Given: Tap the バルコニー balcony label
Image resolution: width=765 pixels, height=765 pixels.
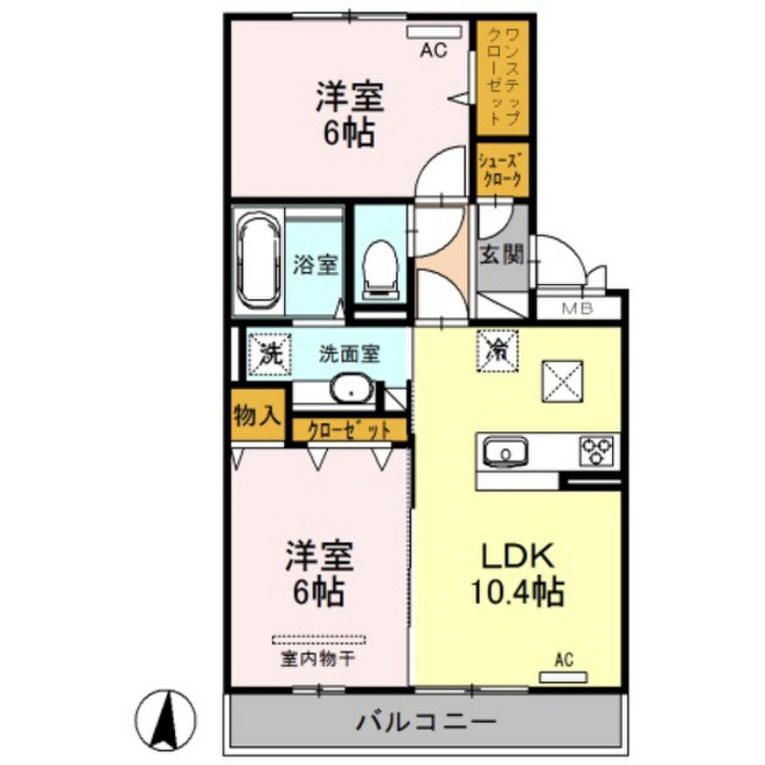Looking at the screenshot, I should tap(426, 722).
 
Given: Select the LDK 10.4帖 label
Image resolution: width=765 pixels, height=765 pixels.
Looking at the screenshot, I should tap(515, 574).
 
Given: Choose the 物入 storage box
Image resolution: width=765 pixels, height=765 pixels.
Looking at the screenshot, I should tap(257, 416).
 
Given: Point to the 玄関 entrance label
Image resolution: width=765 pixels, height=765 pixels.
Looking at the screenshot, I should tap(502, 255).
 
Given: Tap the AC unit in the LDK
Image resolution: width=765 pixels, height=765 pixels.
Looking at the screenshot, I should tap(564, 677).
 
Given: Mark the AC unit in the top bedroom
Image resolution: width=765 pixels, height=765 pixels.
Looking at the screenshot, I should tap(435, 32).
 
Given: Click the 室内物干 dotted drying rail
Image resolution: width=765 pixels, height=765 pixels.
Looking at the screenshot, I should tap(319, 639).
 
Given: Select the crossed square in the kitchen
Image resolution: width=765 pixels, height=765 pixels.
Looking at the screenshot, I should tap(563, 379).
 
